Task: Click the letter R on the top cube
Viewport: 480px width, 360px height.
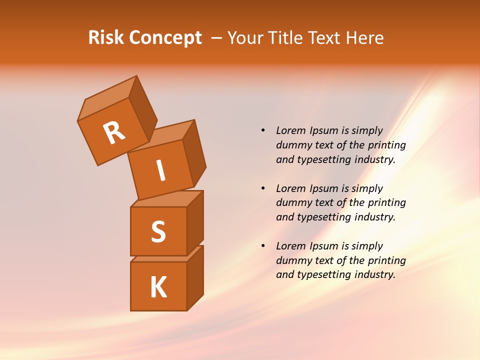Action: click(x=114, y=132)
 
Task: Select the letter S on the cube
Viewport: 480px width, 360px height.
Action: click(x=158, y=231)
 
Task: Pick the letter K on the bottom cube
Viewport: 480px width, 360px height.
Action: click(x=158, y=287)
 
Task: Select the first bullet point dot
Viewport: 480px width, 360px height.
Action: click(x=263, y=130)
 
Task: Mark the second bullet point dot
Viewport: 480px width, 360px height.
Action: click(x=263, y=188)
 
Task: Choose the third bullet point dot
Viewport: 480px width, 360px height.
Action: click(x=263, y=246)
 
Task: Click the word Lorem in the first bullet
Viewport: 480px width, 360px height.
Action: click(x=290, y=130)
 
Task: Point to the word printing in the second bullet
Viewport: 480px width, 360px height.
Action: click(x=386, y=202)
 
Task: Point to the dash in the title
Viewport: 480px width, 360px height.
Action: click(x=216, y=38)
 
